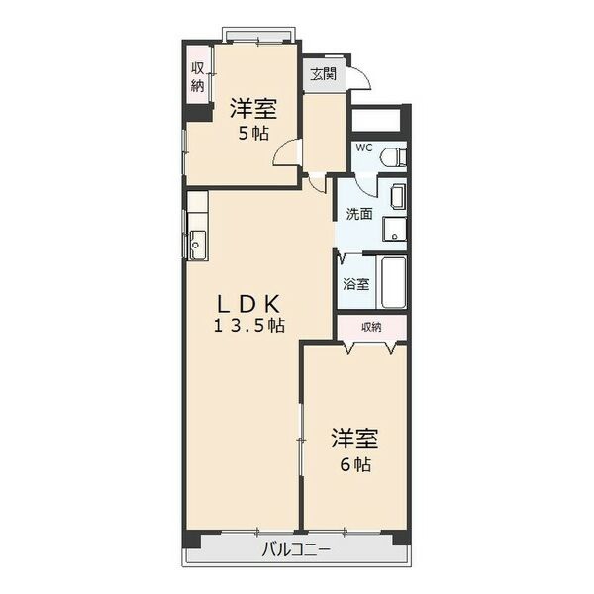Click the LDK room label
click(x=248, y=304)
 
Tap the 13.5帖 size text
click(x=249, y=326)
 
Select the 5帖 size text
click(x=253, y=133)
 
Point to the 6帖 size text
click(x=355, y=464)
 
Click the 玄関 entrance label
click(x=323, y=74)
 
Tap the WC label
click(x=364, y=148)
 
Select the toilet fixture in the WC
click(x=394, y=156)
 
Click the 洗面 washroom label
click(x=359, y=215)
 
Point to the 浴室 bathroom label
click(x=356, y=284)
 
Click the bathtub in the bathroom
click(x=393, y=283)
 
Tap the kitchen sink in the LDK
click(x=196, y=245)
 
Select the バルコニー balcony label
click(x=296, y=549)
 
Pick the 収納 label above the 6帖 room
click(x=371, y=327)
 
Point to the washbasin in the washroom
click(x=398, y=197)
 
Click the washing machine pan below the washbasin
click(x=395, y=229)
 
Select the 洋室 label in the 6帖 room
click(x=355, y=439)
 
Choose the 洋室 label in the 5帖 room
click(x=253, y=108)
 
